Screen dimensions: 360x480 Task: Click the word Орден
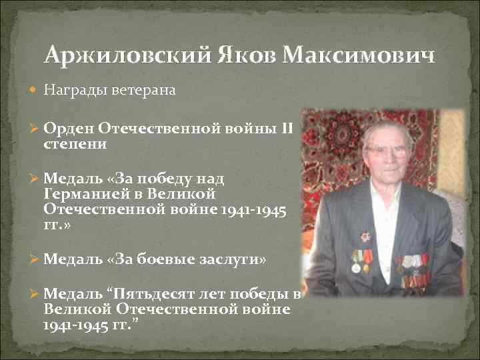click(x=68, y=127)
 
